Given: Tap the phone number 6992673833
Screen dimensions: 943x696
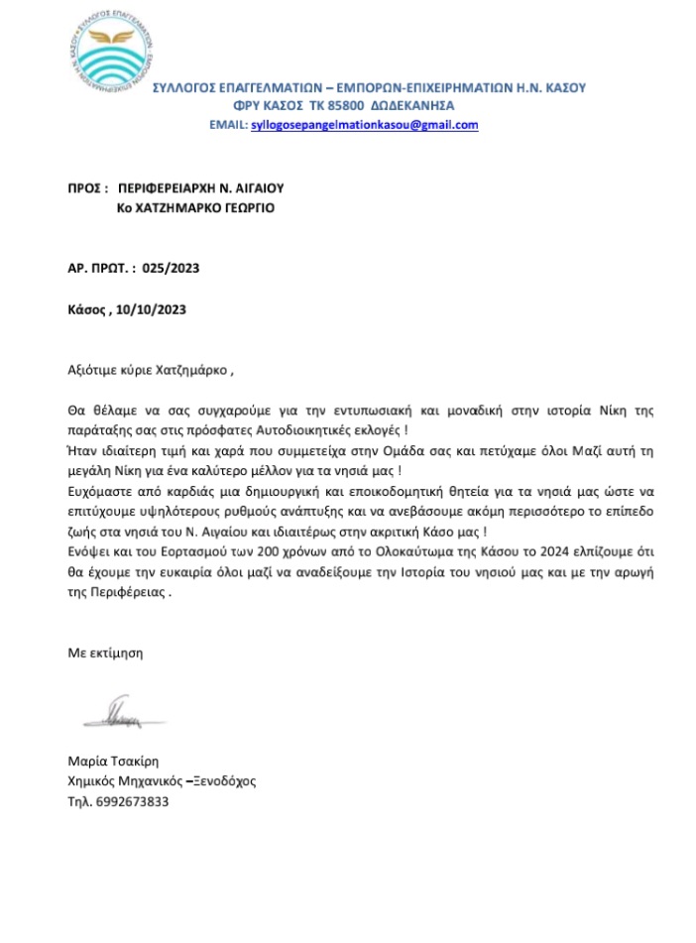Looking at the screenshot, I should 127,800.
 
